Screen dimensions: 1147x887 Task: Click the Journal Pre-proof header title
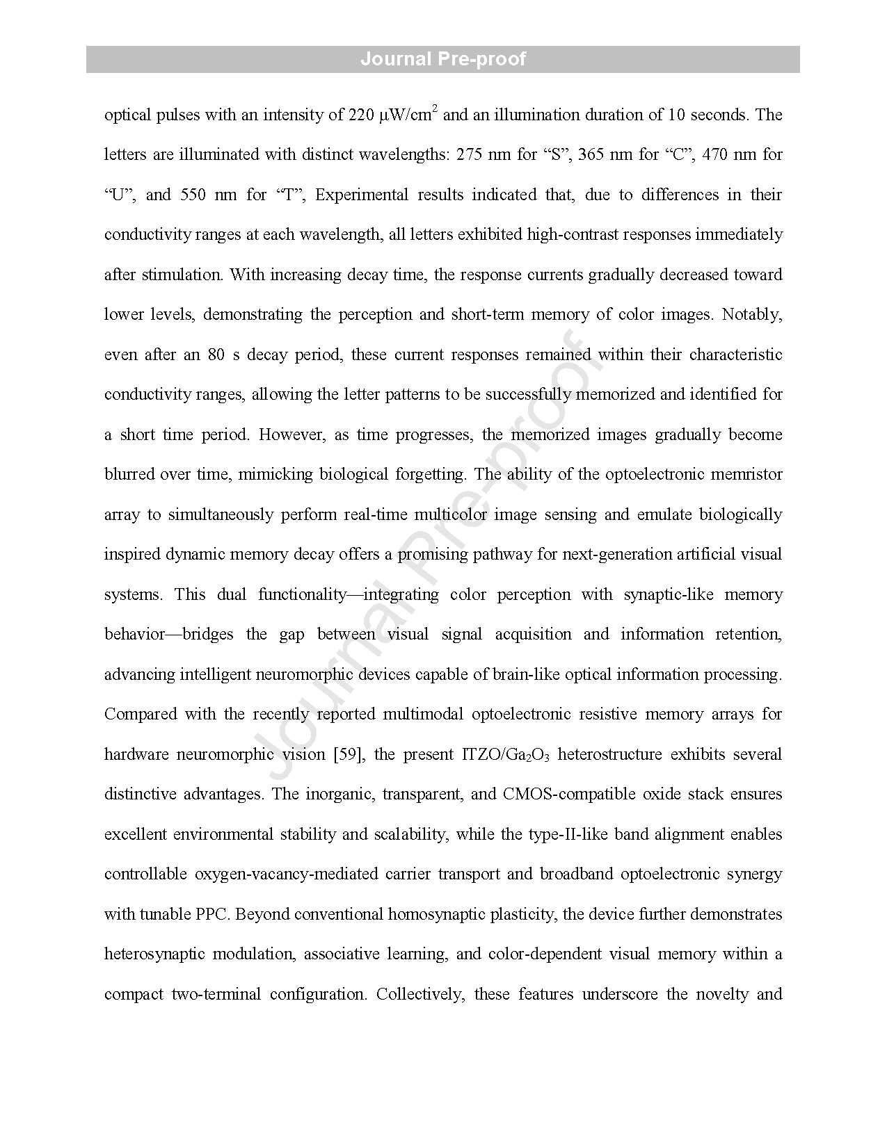[443, 59]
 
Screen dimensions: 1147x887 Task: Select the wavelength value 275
[470, 154]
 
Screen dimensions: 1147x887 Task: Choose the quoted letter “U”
[118, 195]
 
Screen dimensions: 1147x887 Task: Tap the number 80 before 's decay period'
[216, 355]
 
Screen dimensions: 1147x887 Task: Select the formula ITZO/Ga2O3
[505, 755]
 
